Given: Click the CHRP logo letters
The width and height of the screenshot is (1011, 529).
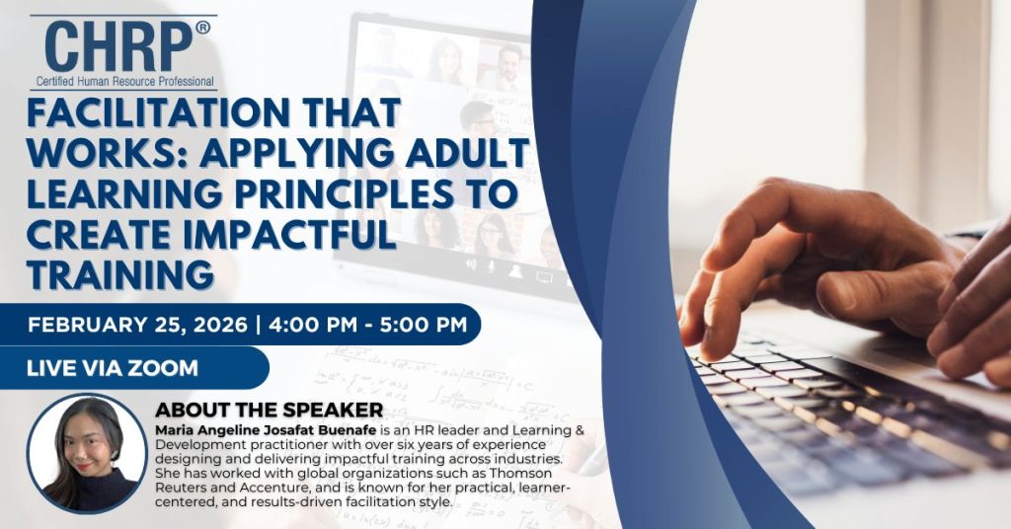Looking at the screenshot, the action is pos(118,46).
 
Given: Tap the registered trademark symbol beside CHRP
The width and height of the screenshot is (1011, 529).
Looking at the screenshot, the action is pos(202,27).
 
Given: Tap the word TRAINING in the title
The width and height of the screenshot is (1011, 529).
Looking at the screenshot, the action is pos(119,273).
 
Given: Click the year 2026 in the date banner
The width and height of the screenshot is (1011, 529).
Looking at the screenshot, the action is pos(219,325).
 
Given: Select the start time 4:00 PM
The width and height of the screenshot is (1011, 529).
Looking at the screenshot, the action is pos(313,325).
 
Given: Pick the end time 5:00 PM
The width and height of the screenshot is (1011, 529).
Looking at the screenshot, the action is pos(423,325).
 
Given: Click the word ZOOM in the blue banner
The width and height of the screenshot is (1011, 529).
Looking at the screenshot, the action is pos(163,368).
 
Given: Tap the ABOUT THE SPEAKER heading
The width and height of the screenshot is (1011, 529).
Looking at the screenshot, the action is pos(269,410).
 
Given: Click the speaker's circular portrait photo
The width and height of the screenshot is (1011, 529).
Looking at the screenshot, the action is pos(87,454).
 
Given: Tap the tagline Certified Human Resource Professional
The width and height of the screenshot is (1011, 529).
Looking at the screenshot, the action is pos(124,82).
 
